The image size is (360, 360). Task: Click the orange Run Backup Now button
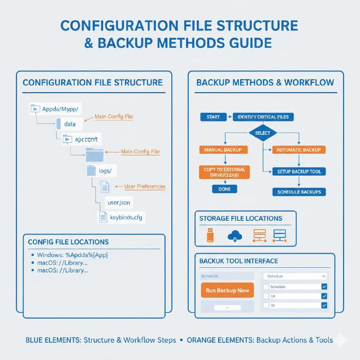227,290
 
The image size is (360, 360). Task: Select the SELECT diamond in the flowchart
262,133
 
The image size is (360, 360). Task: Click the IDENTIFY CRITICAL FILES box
264,117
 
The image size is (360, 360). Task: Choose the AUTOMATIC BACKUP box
299,149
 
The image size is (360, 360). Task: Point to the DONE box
224,189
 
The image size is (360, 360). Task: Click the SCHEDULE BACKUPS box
299,192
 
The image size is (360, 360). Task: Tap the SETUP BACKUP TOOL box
299,171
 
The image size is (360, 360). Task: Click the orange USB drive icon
209,236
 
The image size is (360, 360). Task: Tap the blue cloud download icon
236,236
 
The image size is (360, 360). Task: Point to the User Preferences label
145,187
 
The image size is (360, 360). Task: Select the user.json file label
118,202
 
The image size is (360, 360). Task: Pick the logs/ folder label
105,171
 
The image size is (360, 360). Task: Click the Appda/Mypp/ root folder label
60,109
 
